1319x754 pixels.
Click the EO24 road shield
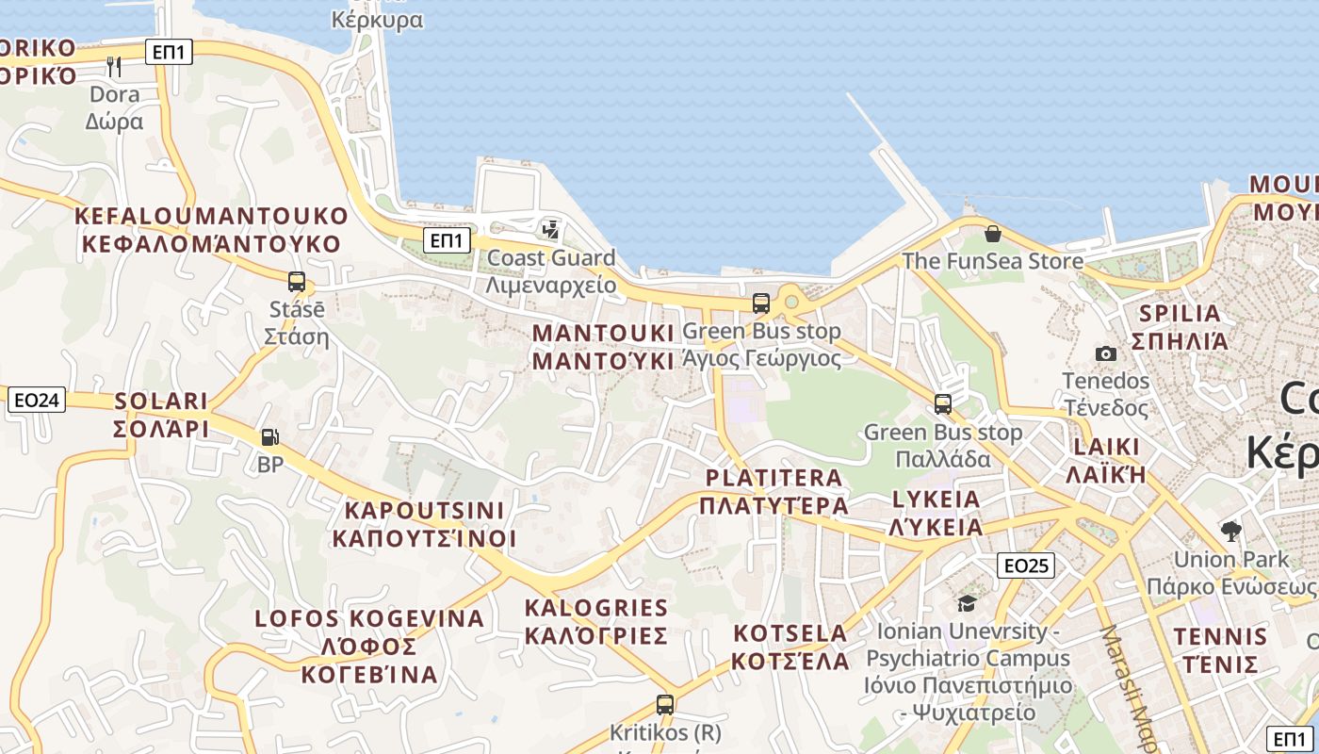(x=38, y=401)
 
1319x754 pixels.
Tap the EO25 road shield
(x=1026, y=565)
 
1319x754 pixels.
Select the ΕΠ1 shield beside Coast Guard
(x=447, y=241)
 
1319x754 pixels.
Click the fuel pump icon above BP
(x=270, y=437)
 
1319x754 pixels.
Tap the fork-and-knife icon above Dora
(x=114, y=66)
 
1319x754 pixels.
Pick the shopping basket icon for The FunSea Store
(x=992, y=234)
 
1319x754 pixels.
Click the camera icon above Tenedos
(x=1106, y=353)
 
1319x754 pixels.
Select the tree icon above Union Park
(x=1230, y=531)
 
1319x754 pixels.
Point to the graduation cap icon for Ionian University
(x=967, y=603)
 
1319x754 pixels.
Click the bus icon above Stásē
(x=297, y=281)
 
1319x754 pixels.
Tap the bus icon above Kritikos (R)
(x=665, y=704)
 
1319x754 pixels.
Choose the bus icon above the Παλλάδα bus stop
(x=943, y=404)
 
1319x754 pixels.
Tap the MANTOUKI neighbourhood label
(x=604, y=334)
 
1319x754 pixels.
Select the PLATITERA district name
(x=773, y=478)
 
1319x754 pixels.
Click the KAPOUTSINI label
(x=424, y=511)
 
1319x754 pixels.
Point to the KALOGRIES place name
(x=595, y=608)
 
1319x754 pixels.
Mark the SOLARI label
(x=161, y=402)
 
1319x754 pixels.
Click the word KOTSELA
(x=790, y=632)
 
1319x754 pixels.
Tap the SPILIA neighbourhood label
(x=1180, y=314)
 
